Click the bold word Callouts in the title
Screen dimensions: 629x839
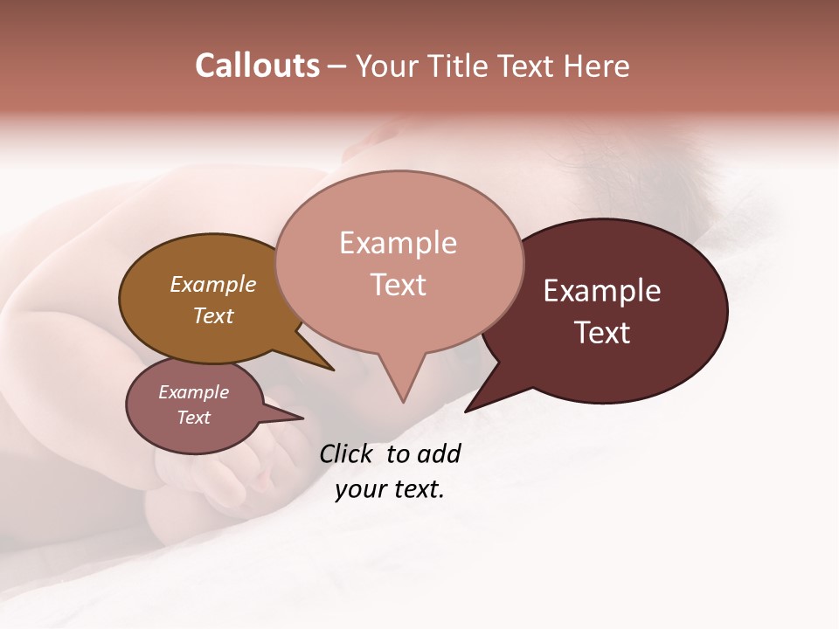(x=257, y=66)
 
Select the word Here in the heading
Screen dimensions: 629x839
(x=598, y=66)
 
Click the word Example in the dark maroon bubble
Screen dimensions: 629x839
(x=602, y=291)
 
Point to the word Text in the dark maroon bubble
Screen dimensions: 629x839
(x=602, y=333)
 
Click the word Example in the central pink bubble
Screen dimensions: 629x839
(x=398, y=243)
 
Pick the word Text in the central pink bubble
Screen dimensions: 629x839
(x=398, y=285)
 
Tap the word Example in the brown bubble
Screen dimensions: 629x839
(x=213, y=284)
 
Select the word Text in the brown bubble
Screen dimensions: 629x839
(x=213, y=315)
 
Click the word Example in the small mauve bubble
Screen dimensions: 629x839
(x=194, y=392)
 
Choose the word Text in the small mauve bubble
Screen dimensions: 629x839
(x=194, y=418)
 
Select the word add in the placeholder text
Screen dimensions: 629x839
(x=439, y=453)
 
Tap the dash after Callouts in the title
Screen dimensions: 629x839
(x=337, y=66)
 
